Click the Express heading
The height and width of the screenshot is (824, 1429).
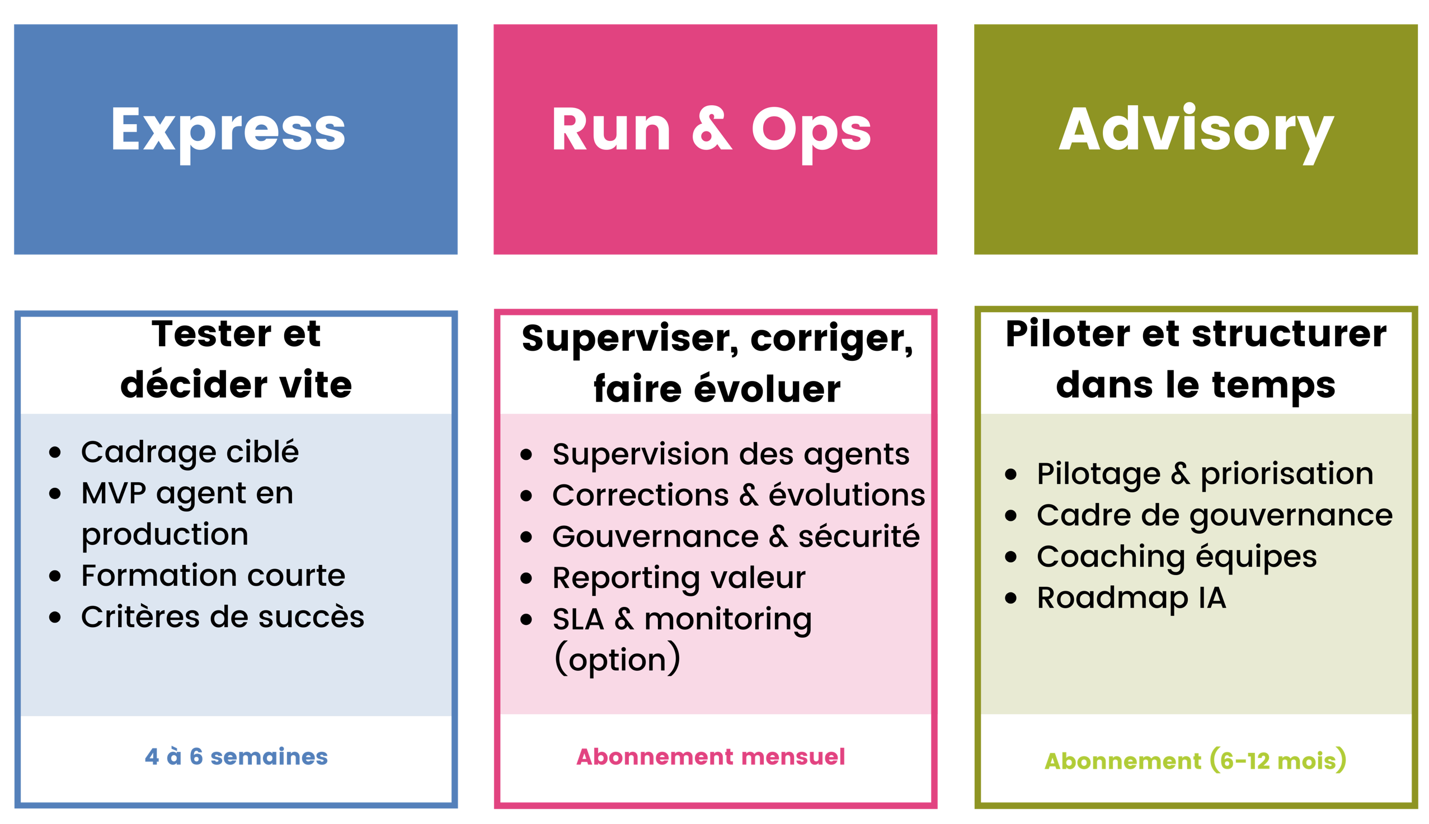point(228,131)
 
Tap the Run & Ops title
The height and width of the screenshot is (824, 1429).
point(711,131)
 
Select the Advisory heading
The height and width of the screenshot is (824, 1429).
point(1196,131)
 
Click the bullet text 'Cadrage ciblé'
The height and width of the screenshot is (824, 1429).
point(190,452)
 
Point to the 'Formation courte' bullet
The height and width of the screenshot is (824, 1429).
point(213,576)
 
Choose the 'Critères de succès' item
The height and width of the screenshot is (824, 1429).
point(223,617)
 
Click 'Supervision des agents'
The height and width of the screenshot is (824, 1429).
point(731,454)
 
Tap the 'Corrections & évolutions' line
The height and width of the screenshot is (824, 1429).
point(739,495)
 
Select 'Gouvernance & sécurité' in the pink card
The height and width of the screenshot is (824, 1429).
point(736,536)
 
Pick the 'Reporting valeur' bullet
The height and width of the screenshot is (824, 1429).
point(679,578)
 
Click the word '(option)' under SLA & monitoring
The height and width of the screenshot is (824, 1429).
point(617,660)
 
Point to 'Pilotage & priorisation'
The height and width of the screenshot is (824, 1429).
point(1205,474)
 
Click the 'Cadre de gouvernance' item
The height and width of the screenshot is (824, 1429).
point(1215,515)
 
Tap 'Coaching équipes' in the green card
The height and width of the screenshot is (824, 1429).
point(1177,556)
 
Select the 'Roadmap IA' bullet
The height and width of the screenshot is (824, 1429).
point(1131,597)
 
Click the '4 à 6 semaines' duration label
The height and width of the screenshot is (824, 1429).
point(236,757)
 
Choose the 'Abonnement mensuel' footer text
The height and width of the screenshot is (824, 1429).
point(711,757)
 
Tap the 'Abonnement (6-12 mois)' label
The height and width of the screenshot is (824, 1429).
point(1195,761)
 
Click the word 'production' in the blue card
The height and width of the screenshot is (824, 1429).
point(164,534)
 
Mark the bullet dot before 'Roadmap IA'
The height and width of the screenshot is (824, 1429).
point(1011,598)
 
